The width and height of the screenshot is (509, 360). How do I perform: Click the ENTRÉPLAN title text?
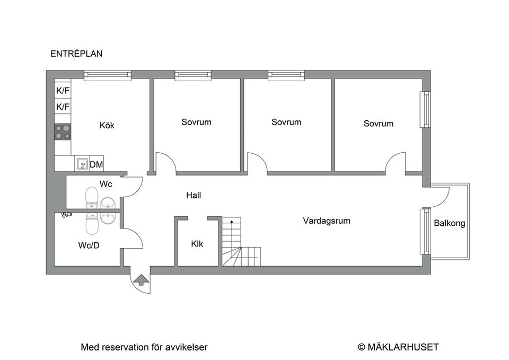(76, 54)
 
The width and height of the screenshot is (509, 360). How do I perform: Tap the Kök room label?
(107, 126)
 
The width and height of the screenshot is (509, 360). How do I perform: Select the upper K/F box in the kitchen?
(63, 91)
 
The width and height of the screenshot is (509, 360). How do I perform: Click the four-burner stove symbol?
(63, 131)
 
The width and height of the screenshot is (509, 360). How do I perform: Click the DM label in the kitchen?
(96, 165)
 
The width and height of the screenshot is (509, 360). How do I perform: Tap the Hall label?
(194, 195)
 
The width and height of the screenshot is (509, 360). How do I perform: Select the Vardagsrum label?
(327, 221)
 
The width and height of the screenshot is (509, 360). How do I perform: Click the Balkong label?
(450, 223)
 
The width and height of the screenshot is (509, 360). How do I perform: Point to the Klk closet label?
(197, 244)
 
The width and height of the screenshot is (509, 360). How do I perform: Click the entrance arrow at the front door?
(141, 280)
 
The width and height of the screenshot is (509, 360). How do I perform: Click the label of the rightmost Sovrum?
(379, 124)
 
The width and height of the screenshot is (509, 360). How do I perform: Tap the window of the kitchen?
(108, 75)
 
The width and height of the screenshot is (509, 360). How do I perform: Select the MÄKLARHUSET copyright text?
(398, 347)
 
